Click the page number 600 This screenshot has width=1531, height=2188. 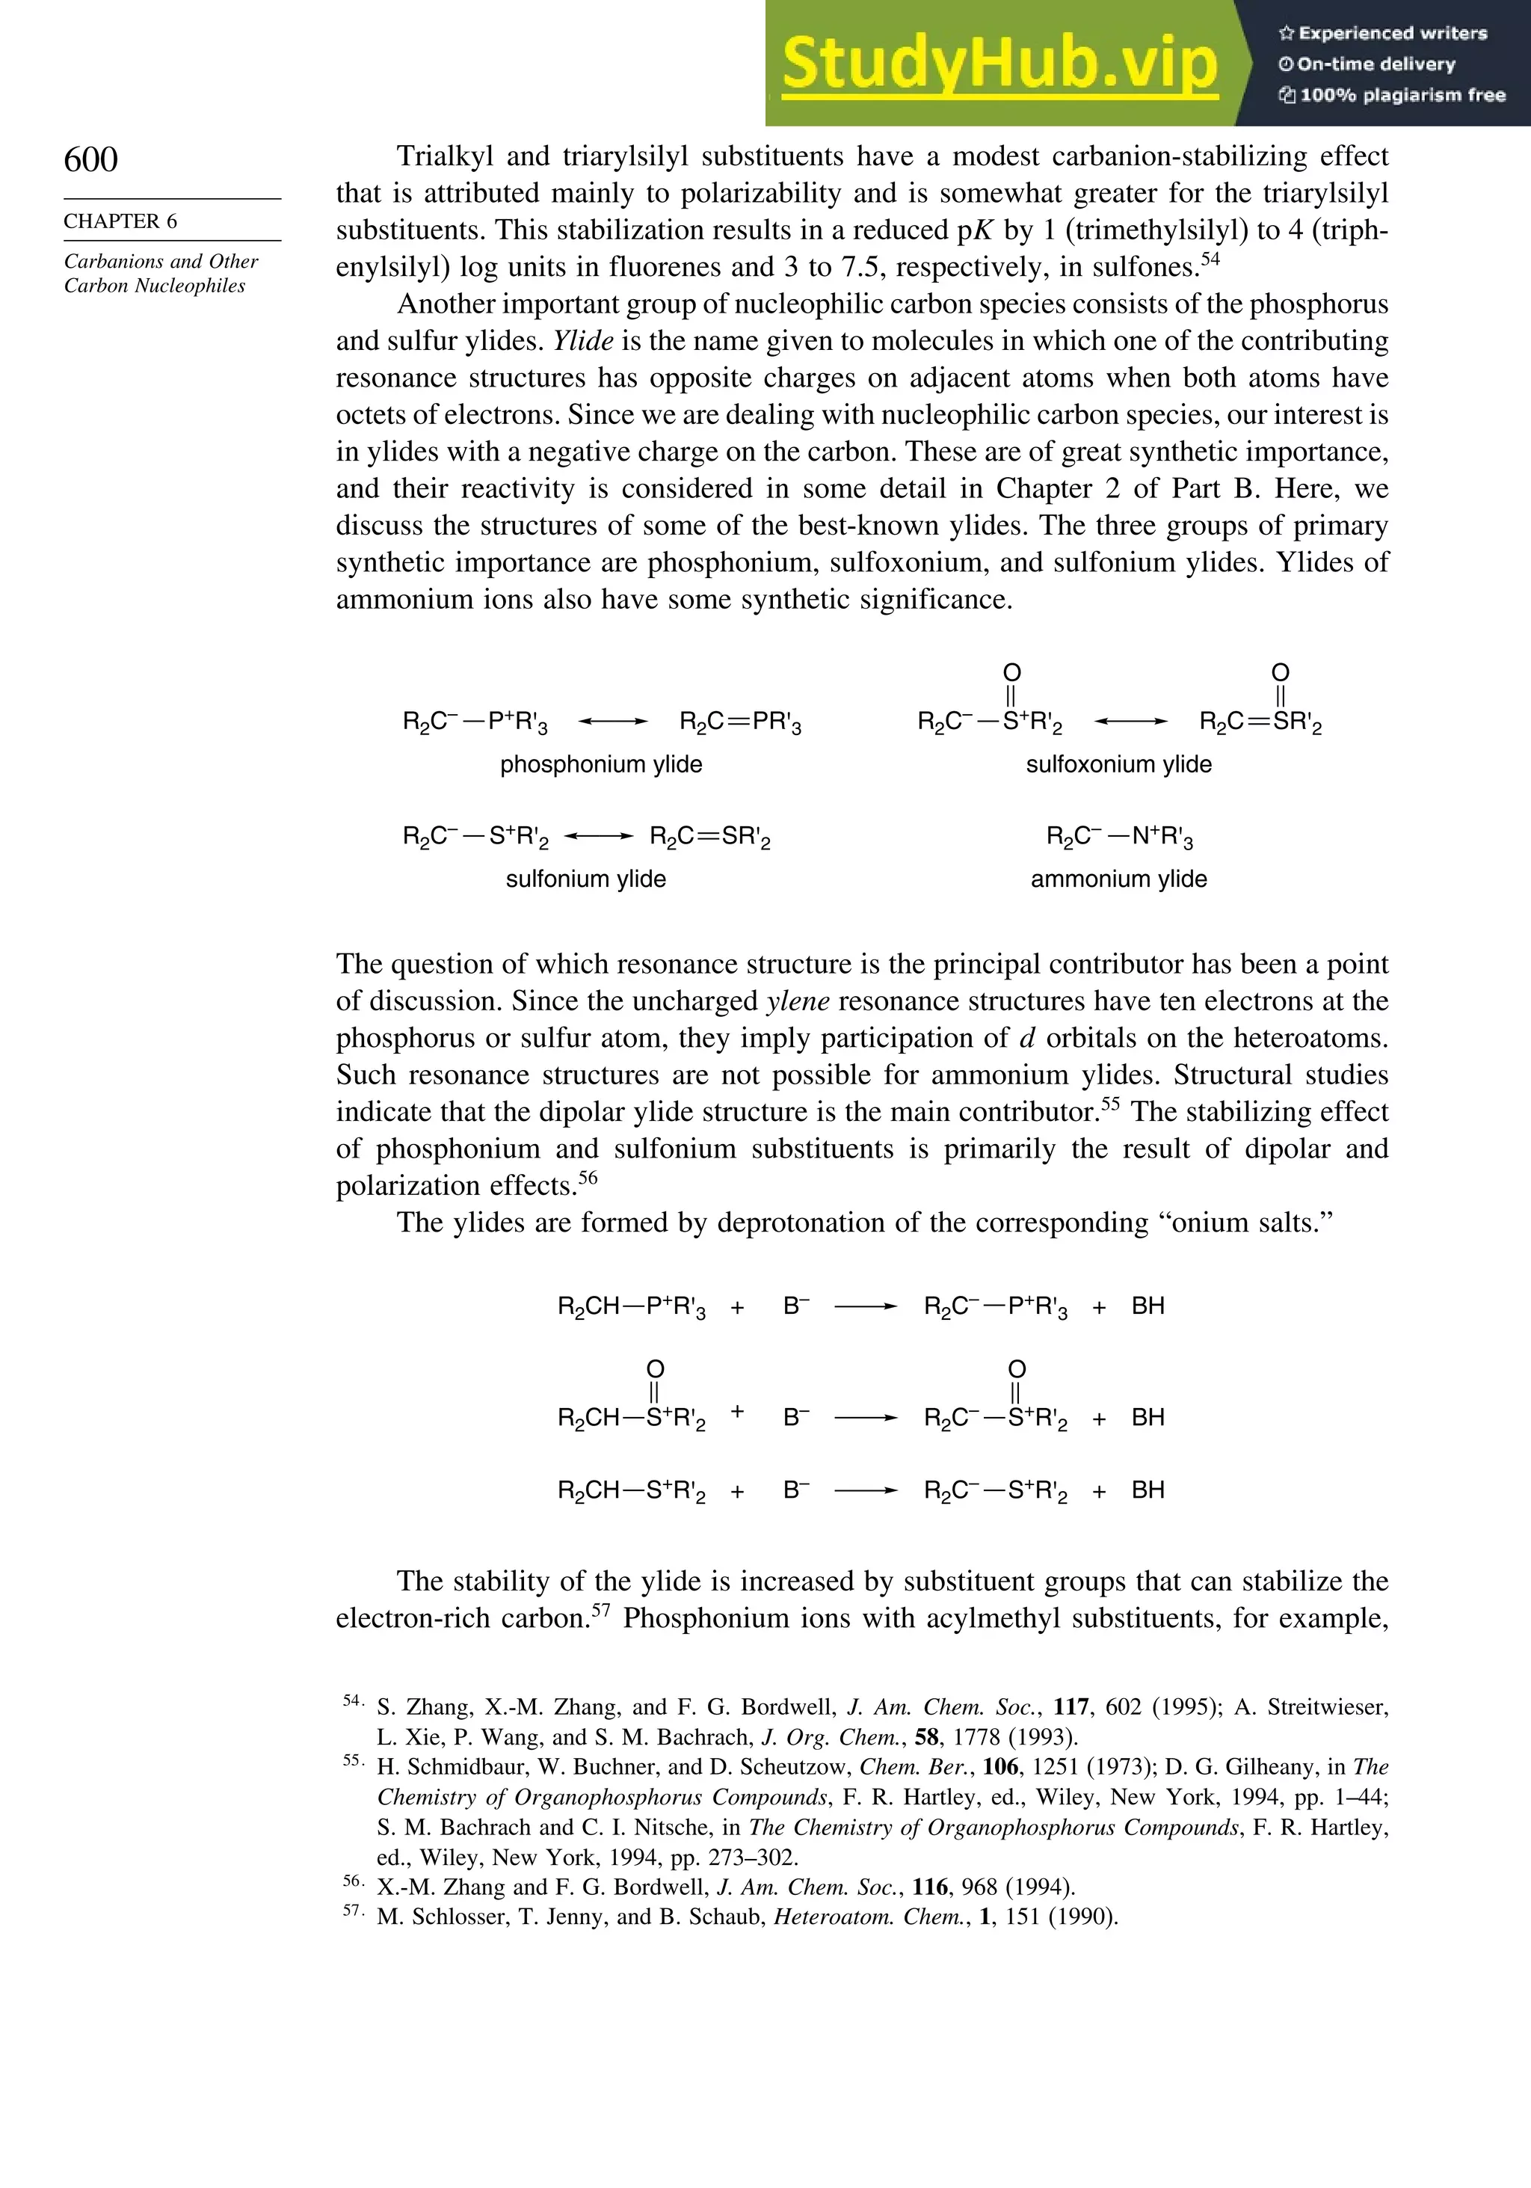90,159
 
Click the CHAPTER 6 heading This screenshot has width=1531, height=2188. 120,221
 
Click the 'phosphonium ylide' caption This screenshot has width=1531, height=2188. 600,764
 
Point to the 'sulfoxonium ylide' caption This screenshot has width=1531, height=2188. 1118,764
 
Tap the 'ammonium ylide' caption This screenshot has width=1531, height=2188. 1118,879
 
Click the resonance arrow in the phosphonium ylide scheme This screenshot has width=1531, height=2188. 612,722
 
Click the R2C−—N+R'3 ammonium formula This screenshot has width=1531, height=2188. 1119,838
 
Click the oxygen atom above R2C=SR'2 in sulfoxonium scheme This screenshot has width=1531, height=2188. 1280,673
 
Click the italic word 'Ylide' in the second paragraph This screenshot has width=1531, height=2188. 583,341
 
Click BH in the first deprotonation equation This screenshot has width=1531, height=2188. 1148,1306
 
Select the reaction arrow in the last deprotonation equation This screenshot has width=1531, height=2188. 865,1490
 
